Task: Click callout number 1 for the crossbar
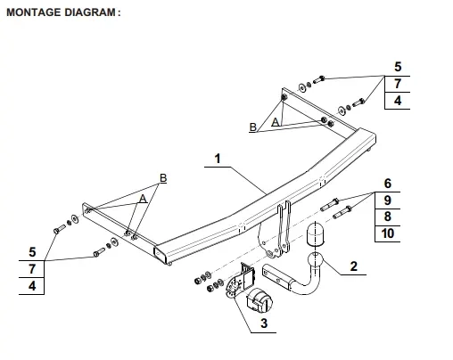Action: (x=218, y=159)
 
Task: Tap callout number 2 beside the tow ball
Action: (x=353, y=266)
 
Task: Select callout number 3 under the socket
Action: (x=264, y=323)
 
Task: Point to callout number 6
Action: (x=388, y=184)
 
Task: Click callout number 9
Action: (x=388, y=200)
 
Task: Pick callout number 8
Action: (x=388, y=217)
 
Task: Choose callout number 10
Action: (x=388, y=233)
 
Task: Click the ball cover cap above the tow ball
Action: (x=315, y=234)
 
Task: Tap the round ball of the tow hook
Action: (x=315, y=259)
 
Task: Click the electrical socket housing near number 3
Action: (x=259, y=300)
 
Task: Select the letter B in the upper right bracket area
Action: (x=253, y=127)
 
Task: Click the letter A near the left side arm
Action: (x=143, y=199)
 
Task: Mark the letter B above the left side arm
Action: (x=163, y=178)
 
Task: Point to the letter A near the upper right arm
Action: (x=276, y=122)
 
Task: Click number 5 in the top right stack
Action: (x=398, y=67)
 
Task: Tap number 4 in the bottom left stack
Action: (x=32, y=286)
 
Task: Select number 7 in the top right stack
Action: (x=398, y=84)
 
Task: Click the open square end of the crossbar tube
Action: (x=160, y=254)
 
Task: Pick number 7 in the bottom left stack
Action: (x=32, y=269)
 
